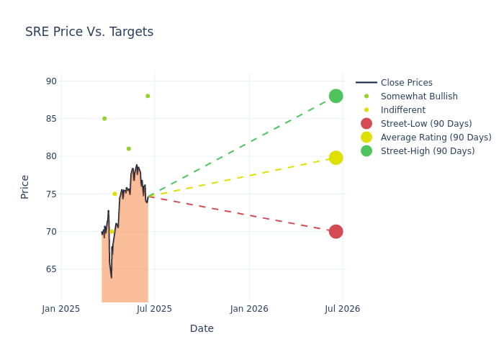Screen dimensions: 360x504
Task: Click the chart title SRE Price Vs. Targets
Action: pyautogui.click(x=89, y=32)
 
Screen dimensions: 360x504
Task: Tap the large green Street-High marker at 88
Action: pyautogui.click(x=336, y=96)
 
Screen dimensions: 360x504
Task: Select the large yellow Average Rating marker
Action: pyautogui.click(x=336, y=158)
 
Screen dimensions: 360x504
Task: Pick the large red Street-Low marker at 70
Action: pyautogui.click(x=336, y=231)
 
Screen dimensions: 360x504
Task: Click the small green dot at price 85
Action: pyautogui.click(x=104, y=119)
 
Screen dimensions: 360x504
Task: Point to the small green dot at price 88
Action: pyautogui.click(x=148, y=96)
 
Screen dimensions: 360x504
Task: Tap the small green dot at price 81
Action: pyautogui.click(x=129, y=149)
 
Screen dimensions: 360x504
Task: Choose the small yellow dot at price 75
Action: pyautogui.click(x=114, y=194)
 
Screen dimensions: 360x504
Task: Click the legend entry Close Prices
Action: pyautogui.click(x=406, y=83)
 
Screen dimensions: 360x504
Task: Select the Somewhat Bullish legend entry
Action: pyautogui.click(x=418, y=96)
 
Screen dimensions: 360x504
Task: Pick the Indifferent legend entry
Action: pyautogui.click(x=402, y=110)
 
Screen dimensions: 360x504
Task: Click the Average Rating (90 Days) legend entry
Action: pyautogui.click(x=436, y=138)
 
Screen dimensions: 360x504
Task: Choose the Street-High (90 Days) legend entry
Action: pyautogui.click(x=427, y=151)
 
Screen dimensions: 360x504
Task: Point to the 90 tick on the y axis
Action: pyautogui.click(x=51, y=81)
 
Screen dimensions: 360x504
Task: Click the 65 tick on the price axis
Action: pyautogui.click(x=51, y=269)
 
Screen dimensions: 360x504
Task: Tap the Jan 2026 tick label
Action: pyautogui.click(x=249, y=309)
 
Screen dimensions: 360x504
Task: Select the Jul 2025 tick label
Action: pyautogui.click(x=154, y=309)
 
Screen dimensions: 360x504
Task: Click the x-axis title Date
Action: pyautogui.click(x=202, y=328)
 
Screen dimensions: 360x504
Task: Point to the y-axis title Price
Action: pyautogui.click(x=25, y=186)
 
